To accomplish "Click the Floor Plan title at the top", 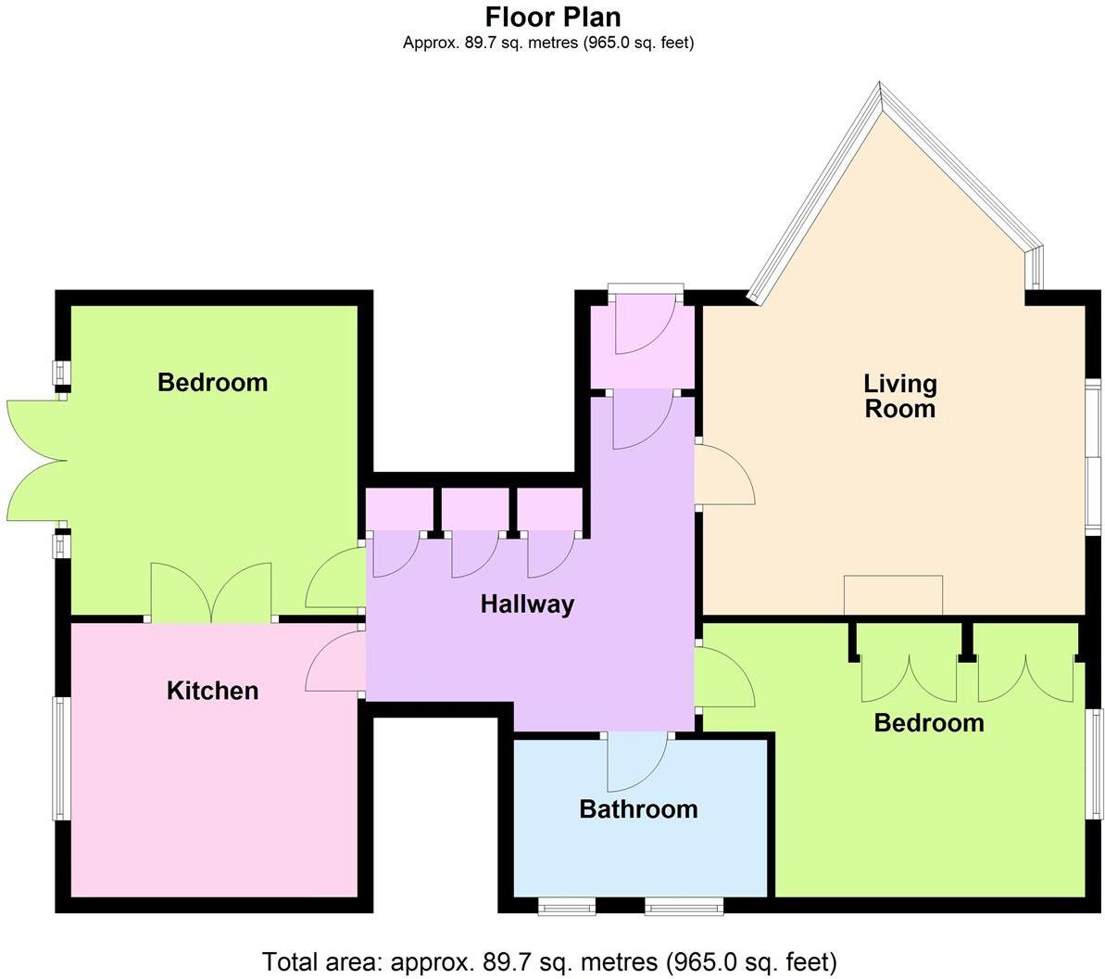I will [553, 17].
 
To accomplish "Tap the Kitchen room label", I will [212, 691].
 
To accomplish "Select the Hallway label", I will [527, 604].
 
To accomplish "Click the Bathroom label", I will [638, 809].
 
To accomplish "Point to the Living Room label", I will [899, 396].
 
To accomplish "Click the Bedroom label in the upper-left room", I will [212, 382].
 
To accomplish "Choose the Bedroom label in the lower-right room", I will [928, 722].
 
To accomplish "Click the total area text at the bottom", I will [550, 960].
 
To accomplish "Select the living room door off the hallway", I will [724, 474].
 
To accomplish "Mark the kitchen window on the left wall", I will [59, 758].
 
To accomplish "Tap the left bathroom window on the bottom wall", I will [566, 904].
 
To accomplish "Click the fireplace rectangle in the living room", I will [893, 595].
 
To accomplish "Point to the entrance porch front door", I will [645, 320].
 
